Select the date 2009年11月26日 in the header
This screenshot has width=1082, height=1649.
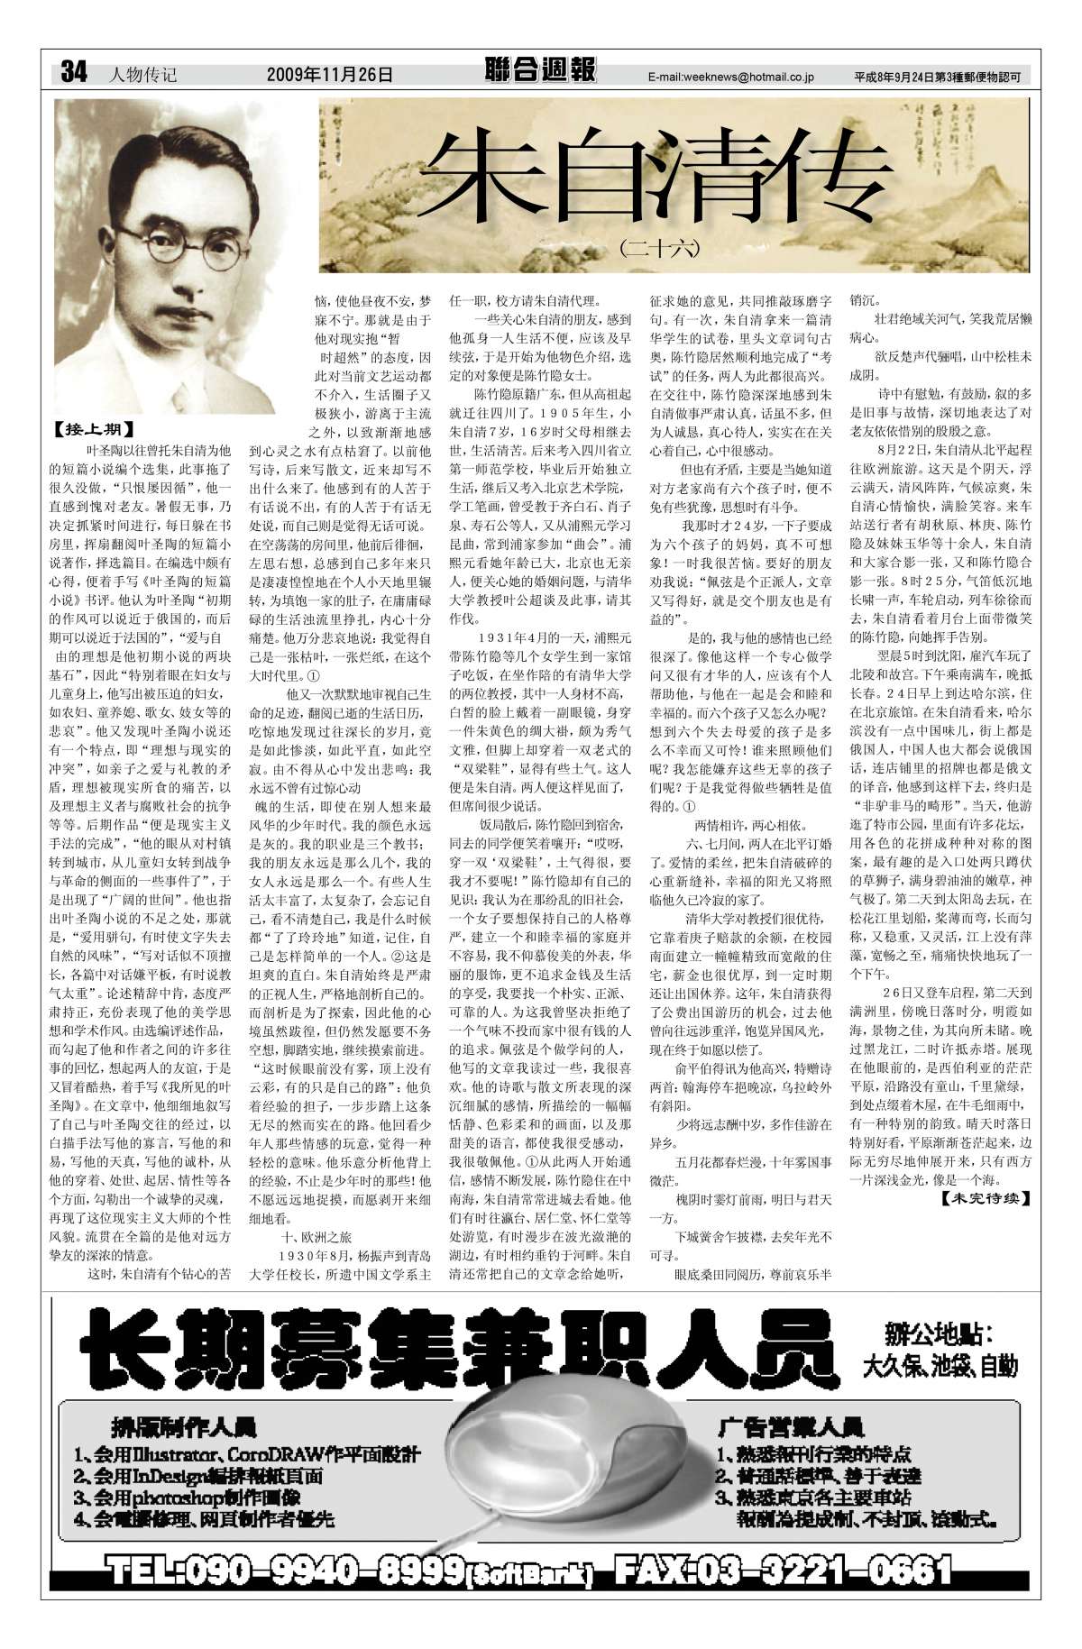coord(330,75)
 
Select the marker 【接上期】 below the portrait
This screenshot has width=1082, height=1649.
coord(92,430)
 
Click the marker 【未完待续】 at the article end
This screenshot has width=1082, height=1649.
coord(985,1198)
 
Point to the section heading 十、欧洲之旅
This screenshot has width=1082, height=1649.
coord(317,1238)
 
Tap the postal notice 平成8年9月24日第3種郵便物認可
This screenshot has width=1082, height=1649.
coord(941,78)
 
